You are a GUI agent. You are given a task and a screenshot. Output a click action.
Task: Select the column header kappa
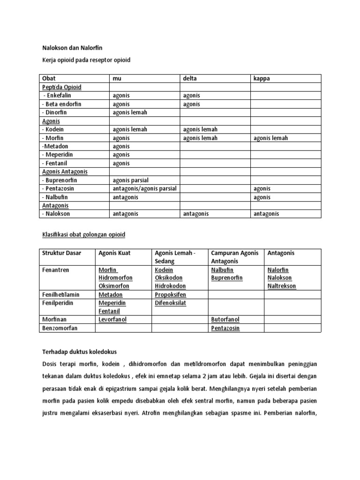tap(262, 79)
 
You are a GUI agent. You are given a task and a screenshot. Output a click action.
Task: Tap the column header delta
tap(190, 79)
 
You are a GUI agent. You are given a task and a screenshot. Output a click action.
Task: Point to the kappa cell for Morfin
tap(271, 138)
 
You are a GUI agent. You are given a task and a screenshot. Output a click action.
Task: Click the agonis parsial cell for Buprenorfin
tap(131, 180)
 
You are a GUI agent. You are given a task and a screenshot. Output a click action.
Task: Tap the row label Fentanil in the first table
tap(56, 163)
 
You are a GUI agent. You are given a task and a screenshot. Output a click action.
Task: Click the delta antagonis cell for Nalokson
tap(196, 214)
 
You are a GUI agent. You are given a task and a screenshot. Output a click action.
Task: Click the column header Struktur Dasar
tap(61, 253)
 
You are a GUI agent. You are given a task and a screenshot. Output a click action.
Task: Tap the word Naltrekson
tap(282, 286)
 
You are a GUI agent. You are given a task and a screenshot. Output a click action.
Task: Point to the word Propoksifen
tap(170, 295)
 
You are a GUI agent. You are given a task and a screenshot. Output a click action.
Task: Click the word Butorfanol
tap(225, 320)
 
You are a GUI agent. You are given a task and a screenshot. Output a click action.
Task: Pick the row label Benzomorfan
tap(60, 328)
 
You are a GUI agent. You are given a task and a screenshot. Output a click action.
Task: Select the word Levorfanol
tap(112, 320)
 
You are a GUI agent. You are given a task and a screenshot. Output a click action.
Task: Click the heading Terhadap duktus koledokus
tap(79, 352)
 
